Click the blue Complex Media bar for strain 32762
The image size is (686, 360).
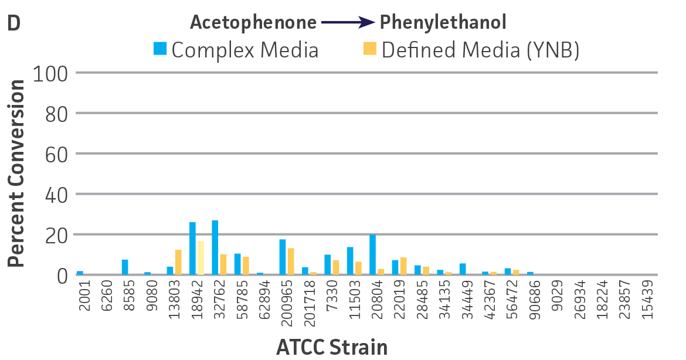(x=215, y=247)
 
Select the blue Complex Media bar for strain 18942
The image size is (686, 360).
(x=192, y=249)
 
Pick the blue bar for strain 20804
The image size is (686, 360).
(x=372, y=254)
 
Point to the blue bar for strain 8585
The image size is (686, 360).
(x=125, y=267)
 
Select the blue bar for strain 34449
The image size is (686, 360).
(x=463, y=269)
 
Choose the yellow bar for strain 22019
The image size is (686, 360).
(x=403, y=266)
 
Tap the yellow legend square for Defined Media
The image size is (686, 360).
(x=369, y=48)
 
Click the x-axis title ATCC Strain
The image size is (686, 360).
(x=332, y=347)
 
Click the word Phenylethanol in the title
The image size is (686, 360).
(x=443, y=23)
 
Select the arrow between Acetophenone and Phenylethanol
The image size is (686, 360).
(x=348, y=23)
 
